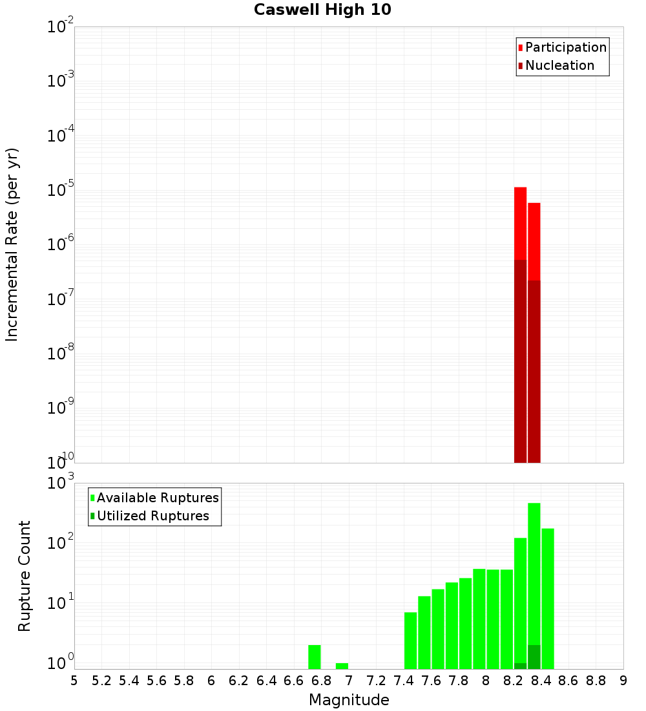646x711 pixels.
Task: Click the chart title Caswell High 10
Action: point(322,10)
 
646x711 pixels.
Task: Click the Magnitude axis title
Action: point(349,700)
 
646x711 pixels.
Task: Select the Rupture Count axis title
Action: point(25,575)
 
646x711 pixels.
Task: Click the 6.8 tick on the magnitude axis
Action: point(321,681)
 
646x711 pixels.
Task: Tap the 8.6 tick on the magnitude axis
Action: point(568,681)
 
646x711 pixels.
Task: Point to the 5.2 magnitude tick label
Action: point(101,681)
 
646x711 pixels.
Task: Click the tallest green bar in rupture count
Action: point(534,569)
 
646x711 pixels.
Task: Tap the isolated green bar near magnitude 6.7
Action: point(315,656)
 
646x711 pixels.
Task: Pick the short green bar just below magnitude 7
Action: point(342,665)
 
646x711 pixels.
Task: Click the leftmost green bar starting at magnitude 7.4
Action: point(411,640)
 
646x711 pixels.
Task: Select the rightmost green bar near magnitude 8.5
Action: point(548,598)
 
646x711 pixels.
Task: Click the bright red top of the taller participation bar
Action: point(520,223)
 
